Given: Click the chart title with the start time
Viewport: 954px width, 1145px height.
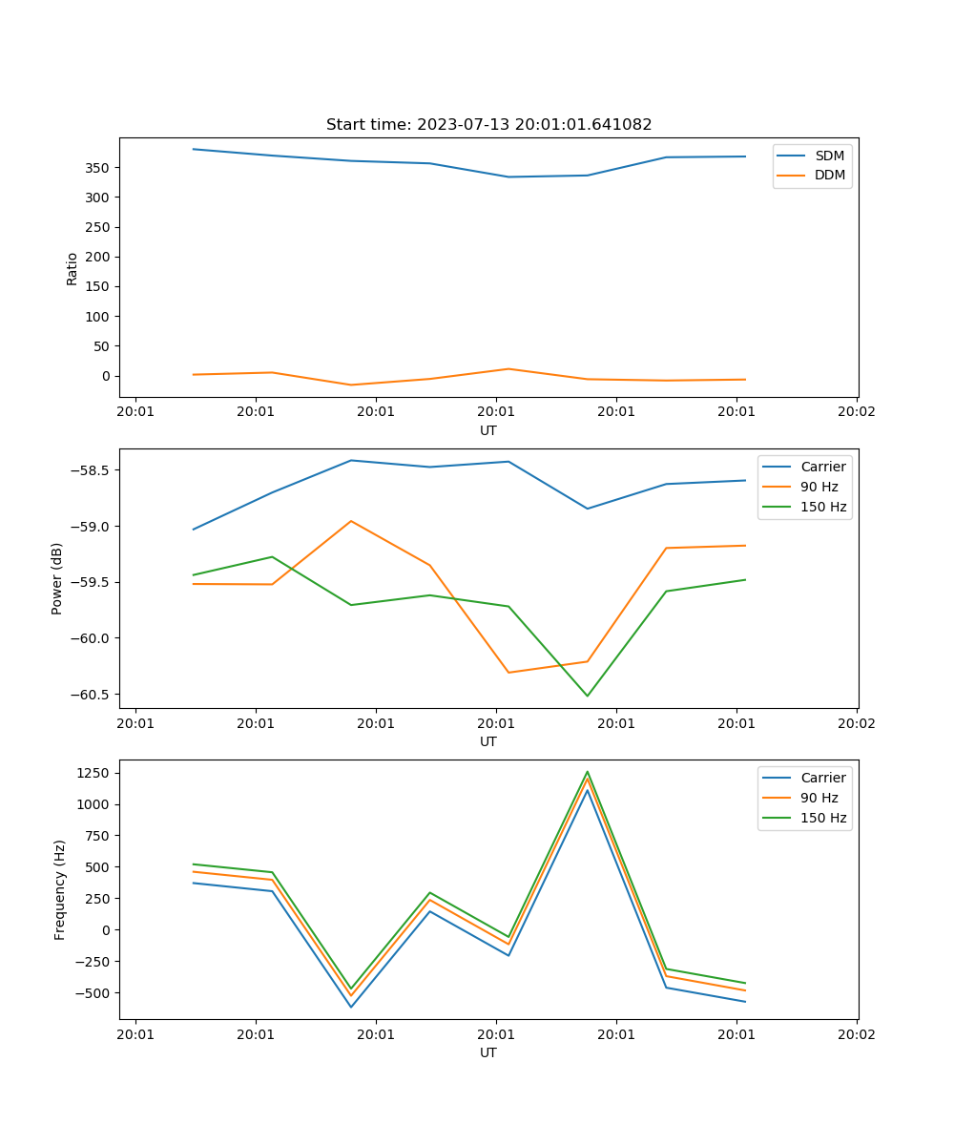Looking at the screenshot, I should tap(488, 125).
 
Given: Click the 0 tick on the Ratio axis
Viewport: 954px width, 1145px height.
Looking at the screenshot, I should tap(107, 376).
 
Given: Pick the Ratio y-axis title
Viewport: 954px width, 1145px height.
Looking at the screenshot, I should tap(73, 268).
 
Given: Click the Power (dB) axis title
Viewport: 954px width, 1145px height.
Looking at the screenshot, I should tap(57, 578).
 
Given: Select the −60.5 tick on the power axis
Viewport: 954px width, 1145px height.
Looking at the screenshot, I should tap(93, 695).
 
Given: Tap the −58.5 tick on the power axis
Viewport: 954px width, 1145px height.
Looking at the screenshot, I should tap(93, 470).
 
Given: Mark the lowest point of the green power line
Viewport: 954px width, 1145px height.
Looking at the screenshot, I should tap(587, 696).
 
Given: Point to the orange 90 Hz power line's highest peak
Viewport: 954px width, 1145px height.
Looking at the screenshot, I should tap(351, 521).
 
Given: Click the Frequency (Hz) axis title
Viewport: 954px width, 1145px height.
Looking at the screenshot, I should tap(59, 889).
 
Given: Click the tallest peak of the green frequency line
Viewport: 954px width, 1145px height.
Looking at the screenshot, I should tap(587, 772).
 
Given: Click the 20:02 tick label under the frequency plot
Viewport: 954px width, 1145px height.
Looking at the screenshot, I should tap(856, 1034).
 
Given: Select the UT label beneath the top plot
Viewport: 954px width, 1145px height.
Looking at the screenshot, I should tap(488, 430).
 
